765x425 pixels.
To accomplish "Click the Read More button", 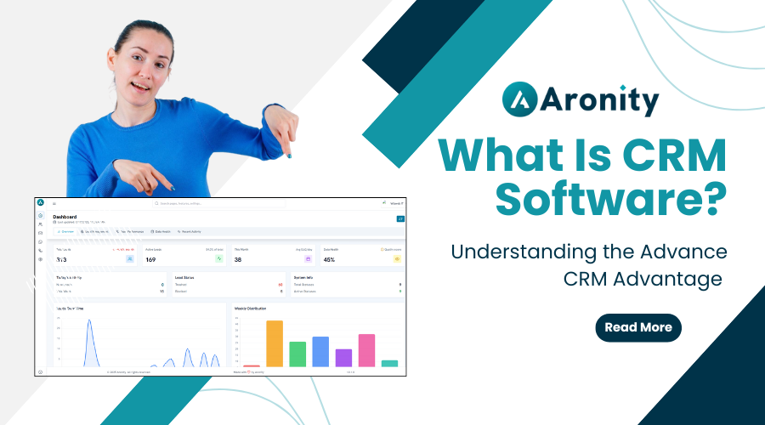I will tap(637, 327).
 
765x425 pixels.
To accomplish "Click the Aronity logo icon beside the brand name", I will tap(520, 99).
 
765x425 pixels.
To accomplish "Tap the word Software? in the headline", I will tap(611, 199).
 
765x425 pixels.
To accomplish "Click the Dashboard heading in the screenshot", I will tap(65, 217).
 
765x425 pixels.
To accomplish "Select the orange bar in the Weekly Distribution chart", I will tap(275, 343).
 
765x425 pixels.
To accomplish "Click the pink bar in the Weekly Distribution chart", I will tap(366, 350).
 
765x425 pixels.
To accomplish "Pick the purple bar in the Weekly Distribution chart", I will tap(343, 358).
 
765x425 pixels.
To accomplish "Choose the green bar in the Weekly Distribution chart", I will tap(297, 354).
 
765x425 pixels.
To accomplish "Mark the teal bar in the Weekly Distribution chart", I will tap(389, 363).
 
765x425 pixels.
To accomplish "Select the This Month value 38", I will tap(238, 259).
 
